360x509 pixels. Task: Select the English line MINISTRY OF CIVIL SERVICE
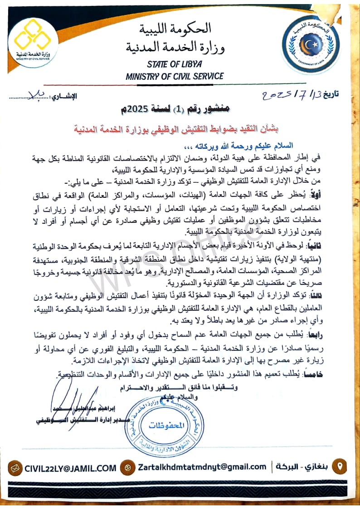tap(175, 76)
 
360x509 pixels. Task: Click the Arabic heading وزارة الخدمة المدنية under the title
tap(175, 46)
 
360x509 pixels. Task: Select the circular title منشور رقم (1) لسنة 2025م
tap(179, 109)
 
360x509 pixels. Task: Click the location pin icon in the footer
tap(340, 466)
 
